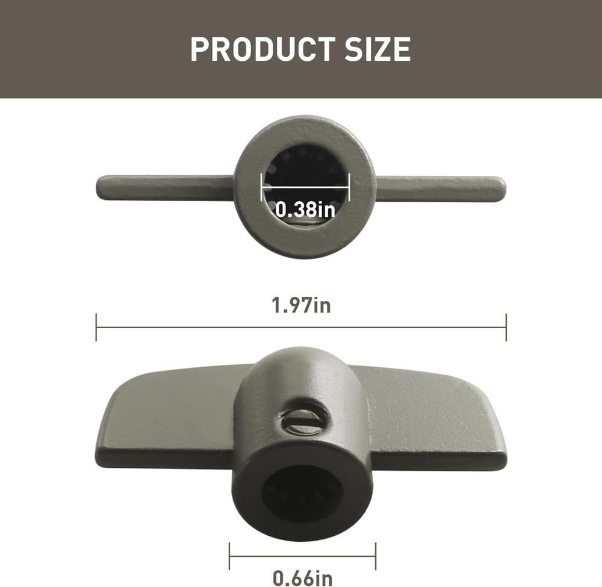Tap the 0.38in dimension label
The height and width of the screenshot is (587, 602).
305,209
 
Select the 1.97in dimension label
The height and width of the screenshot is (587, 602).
301,305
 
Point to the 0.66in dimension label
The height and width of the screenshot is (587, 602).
302,578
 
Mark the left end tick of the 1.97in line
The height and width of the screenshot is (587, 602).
96,328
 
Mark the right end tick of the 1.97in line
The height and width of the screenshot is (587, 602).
506,328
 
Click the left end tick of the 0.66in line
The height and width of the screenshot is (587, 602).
229,556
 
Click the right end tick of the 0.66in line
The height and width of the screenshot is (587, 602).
376,556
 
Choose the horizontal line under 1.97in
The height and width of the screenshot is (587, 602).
301,328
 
